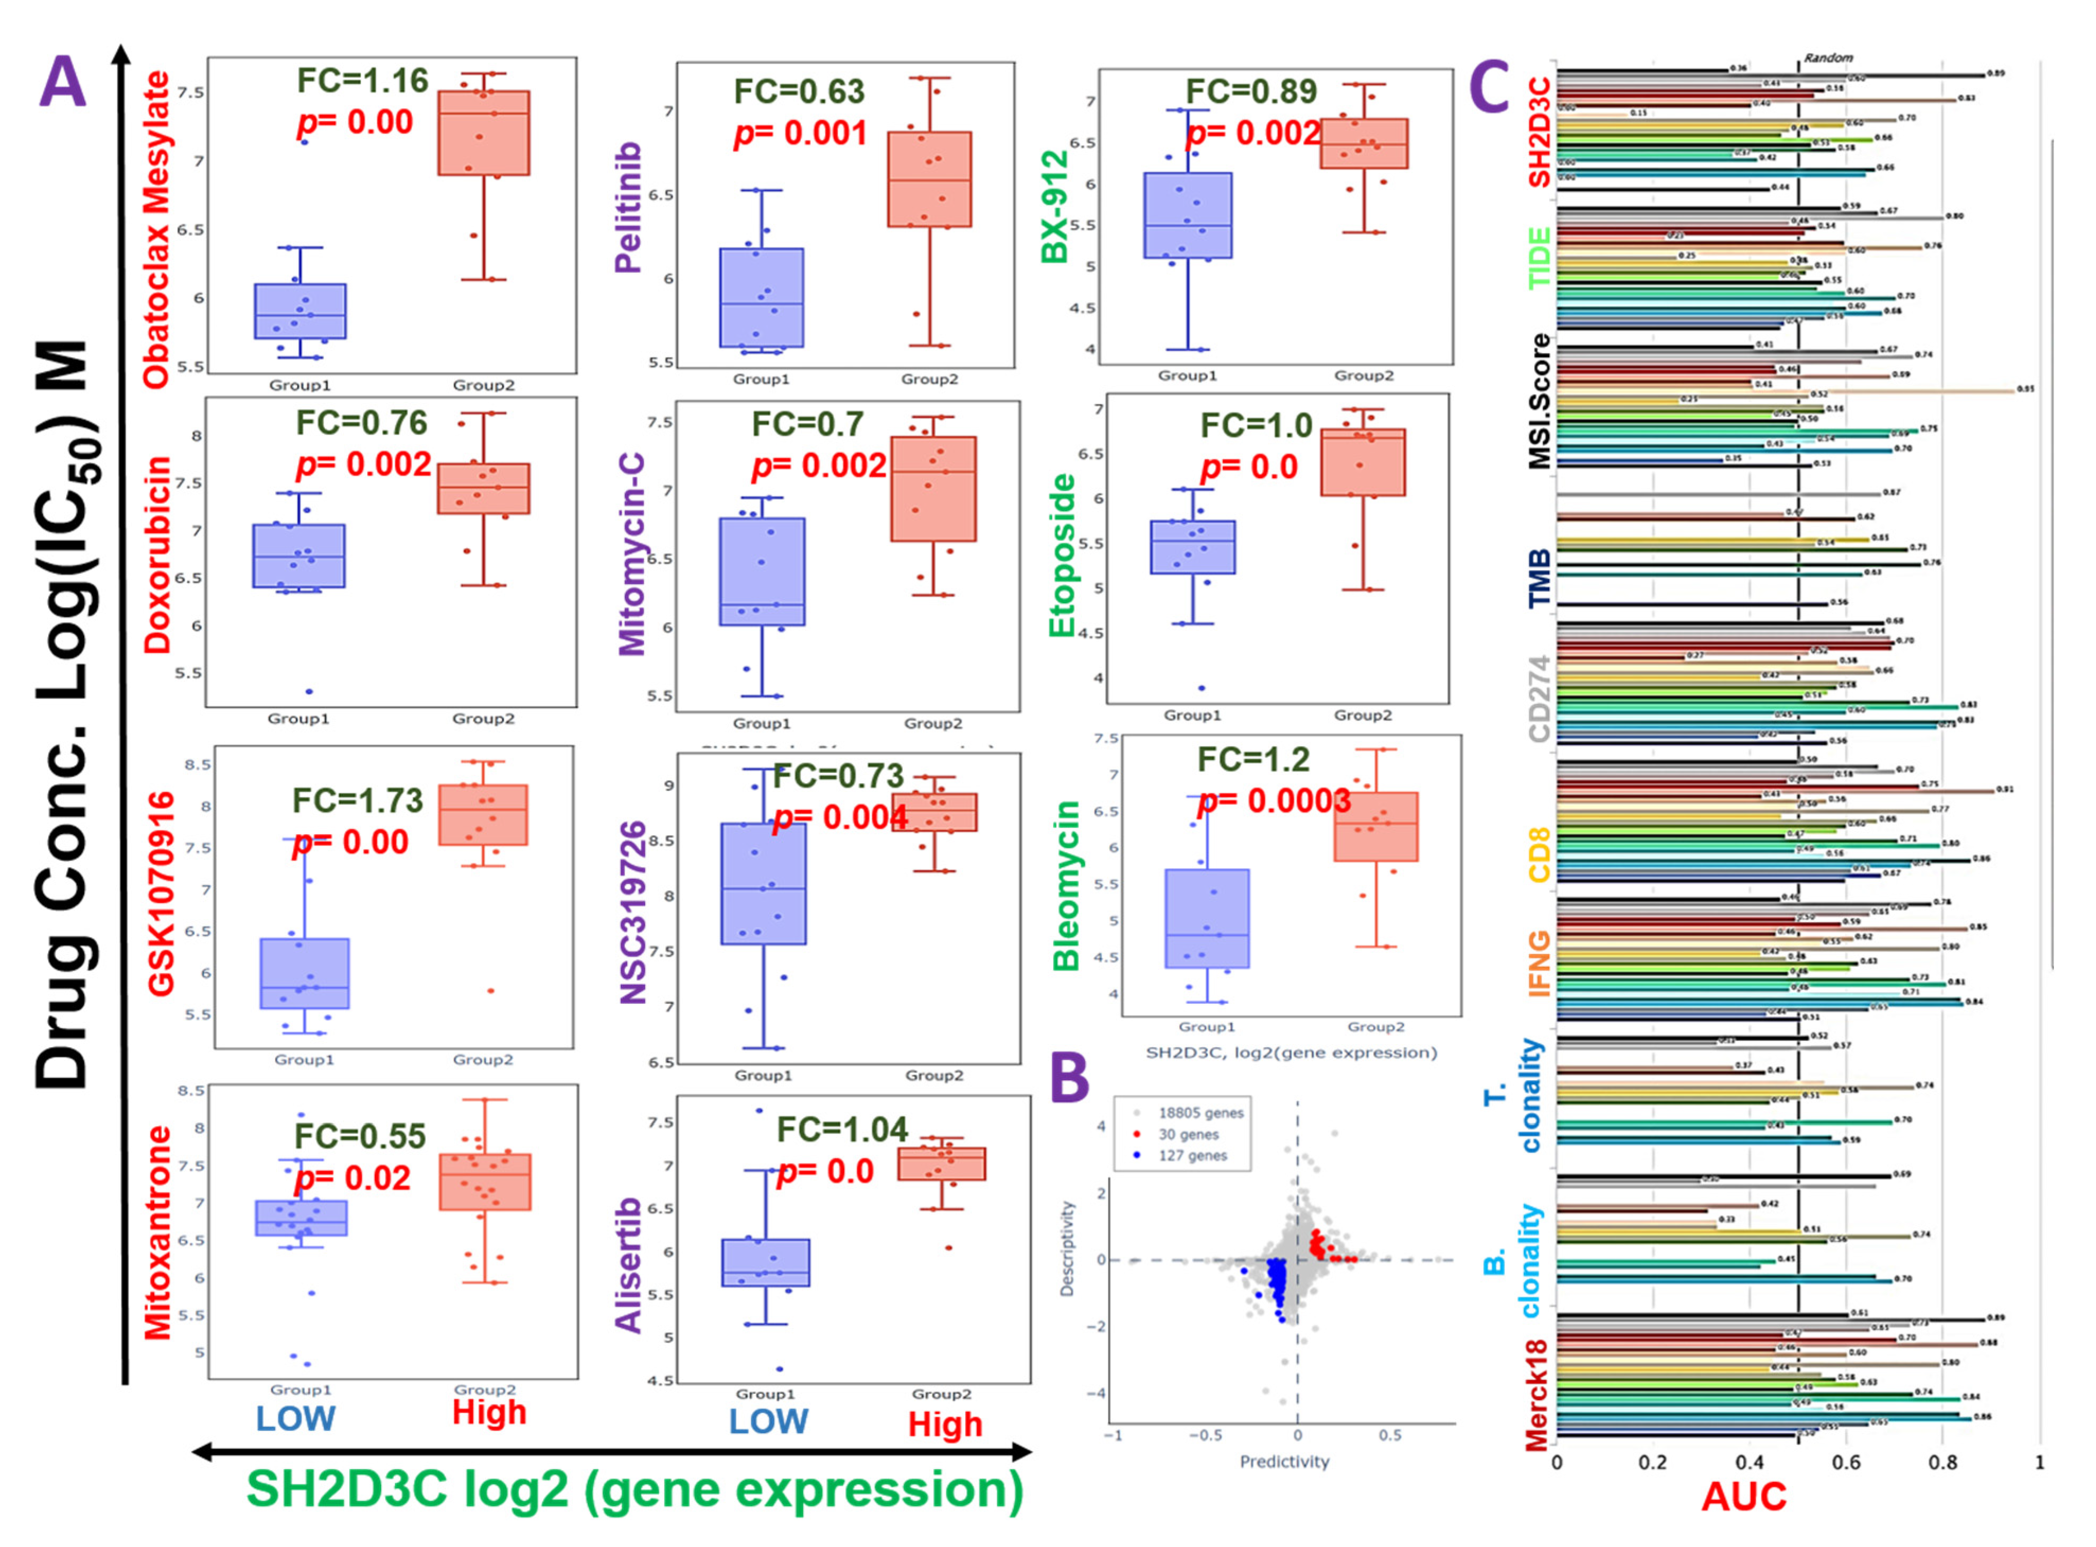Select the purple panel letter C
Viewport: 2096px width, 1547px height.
[1490, 86]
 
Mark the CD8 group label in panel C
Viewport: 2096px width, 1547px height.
[1539, 853]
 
